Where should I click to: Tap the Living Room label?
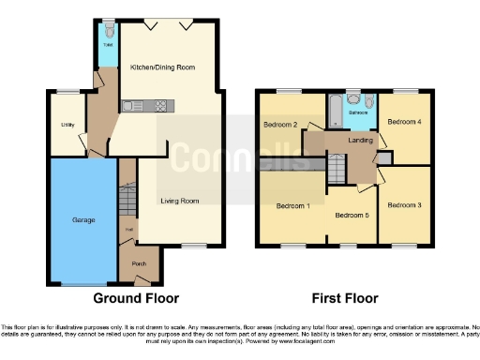click(x=179, y=201)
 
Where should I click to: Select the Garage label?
click(x=84, y=220)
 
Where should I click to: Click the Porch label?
click(x=139, y=262)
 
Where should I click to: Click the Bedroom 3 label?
click(x=403, y=204)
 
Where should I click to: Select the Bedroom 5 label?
click(x=352, y=216)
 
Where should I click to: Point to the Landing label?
click(x=360, y=142)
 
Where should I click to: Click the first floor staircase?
click(x=335, y=170)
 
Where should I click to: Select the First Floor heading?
click(x=346, y=298)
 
